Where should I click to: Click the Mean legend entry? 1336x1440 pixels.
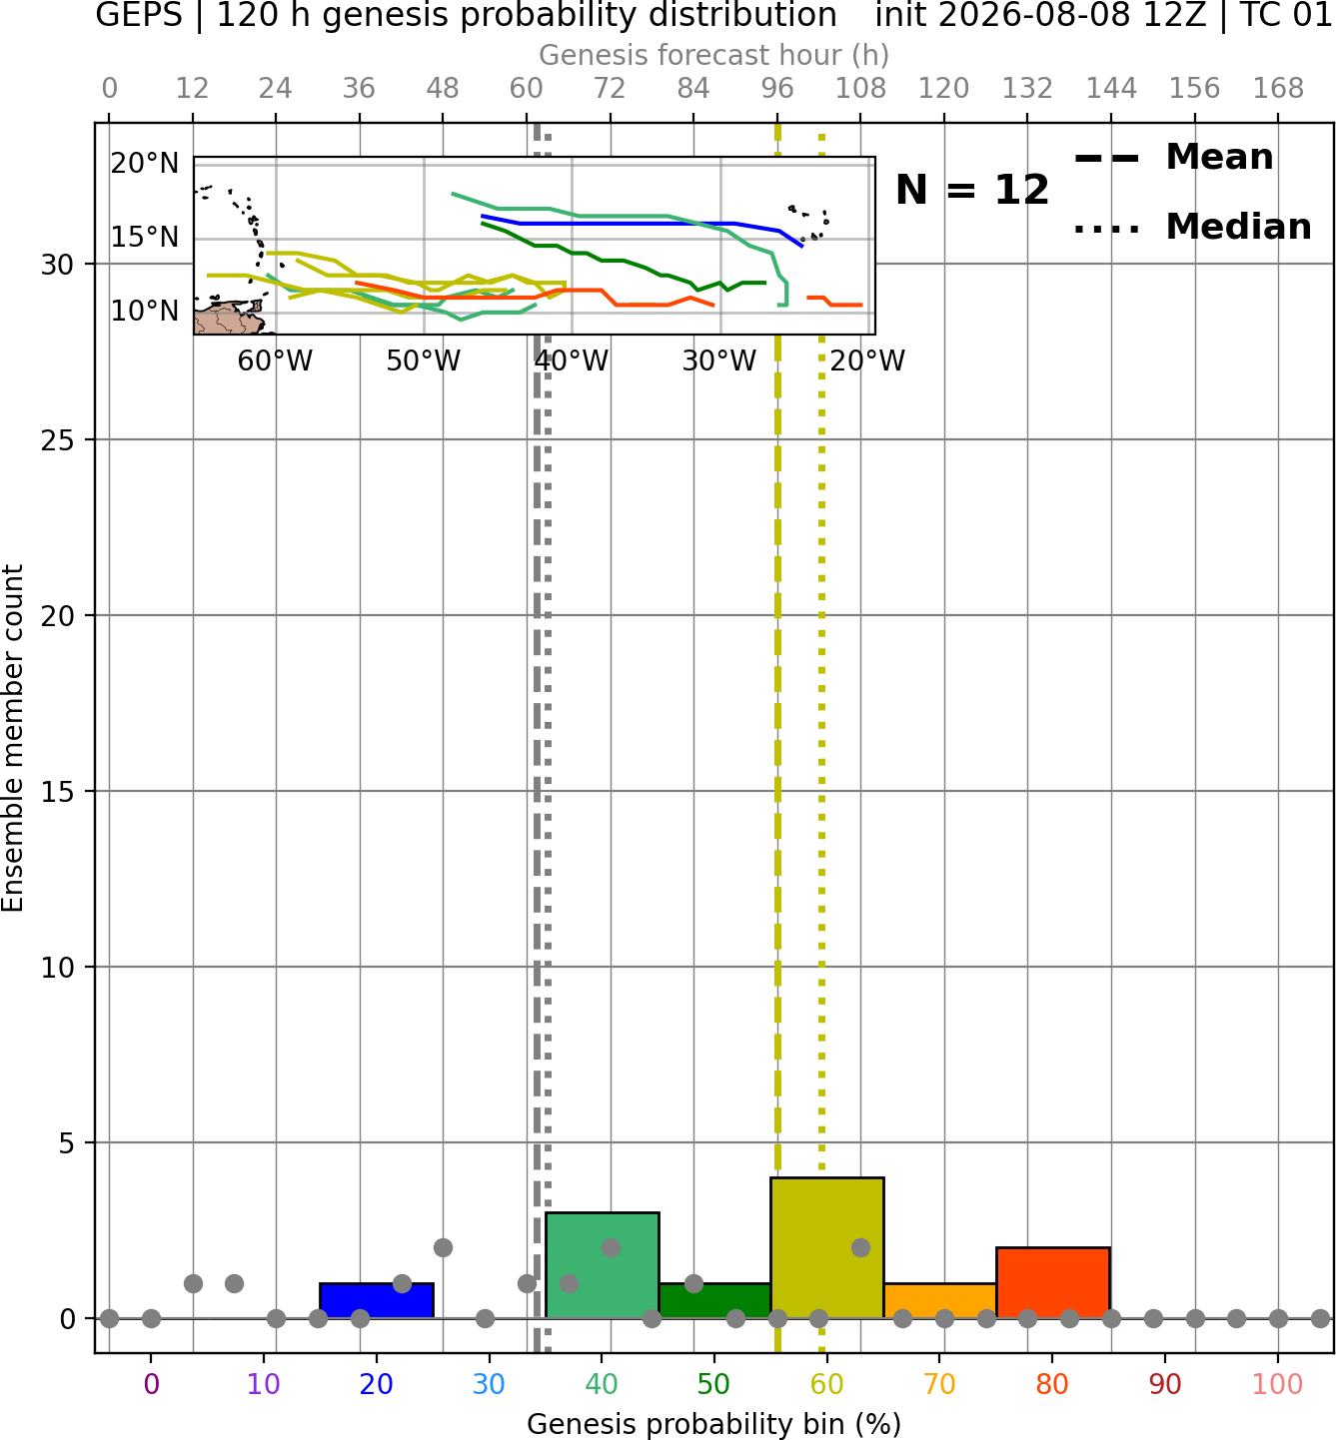coord(1173,158)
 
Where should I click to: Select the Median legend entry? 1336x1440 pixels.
coord(1192,227)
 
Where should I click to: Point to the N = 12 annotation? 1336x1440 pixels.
coord(972,190)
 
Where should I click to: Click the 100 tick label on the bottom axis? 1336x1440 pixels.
coord(1277,1384)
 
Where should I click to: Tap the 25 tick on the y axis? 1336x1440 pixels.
coord(57,440)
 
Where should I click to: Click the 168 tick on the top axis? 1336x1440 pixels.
coord(1279,89)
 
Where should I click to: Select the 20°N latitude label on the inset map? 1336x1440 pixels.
coord(145,164)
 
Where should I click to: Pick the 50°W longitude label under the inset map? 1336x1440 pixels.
coord(423,361)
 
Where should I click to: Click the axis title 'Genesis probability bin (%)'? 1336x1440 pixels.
coord(714,1424)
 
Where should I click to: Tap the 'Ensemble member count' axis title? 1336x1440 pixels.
coord(13,738)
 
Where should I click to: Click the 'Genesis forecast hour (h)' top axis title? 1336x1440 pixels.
coord(714,55)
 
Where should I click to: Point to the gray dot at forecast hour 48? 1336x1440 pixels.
coord(443,1248)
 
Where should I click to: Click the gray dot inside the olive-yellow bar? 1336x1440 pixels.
coord(860,1248)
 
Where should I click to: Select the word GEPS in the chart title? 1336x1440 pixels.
coord(139,15)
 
